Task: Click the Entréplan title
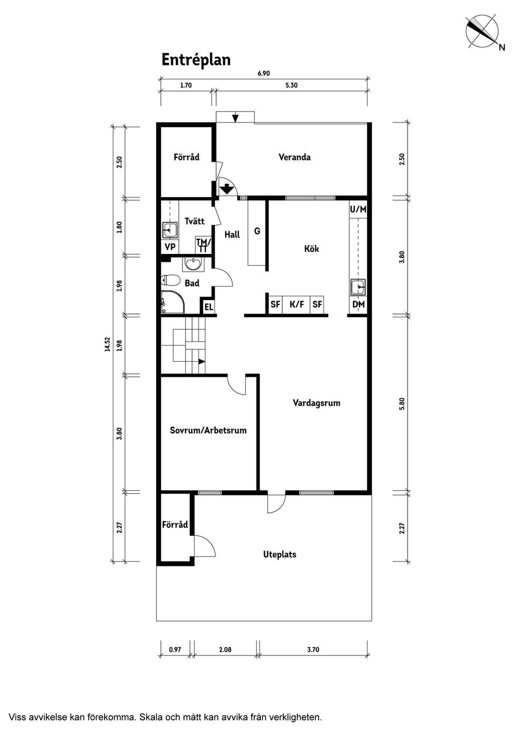[x=196, y=60]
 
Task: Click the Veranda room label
[x=294, y=157]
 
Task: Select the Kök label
[x=312, y=249]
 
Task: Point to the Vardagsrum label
[x=317, y=403]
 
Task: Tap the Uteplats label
[x=279, y=554]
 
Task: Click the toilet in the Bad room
[x=171, y=280]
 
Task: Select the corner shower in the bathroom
[x=173, y=302]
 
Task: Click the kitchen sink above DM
[x=358, y=287]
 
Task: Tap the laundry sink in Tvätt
[x=170, y=230]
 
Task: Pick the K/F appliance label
[x=297, y=304]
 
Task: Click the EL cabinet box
[x=209, y=307]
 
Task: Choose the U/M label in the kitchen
[x=358, y=209]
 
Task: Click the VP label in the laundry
[x=170, y=247]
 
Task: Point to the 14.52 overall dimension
[x=108, y=344]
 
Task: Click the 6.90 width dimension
[x=264, y=73]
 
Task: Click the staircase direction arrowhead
[x=202, y=361]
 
